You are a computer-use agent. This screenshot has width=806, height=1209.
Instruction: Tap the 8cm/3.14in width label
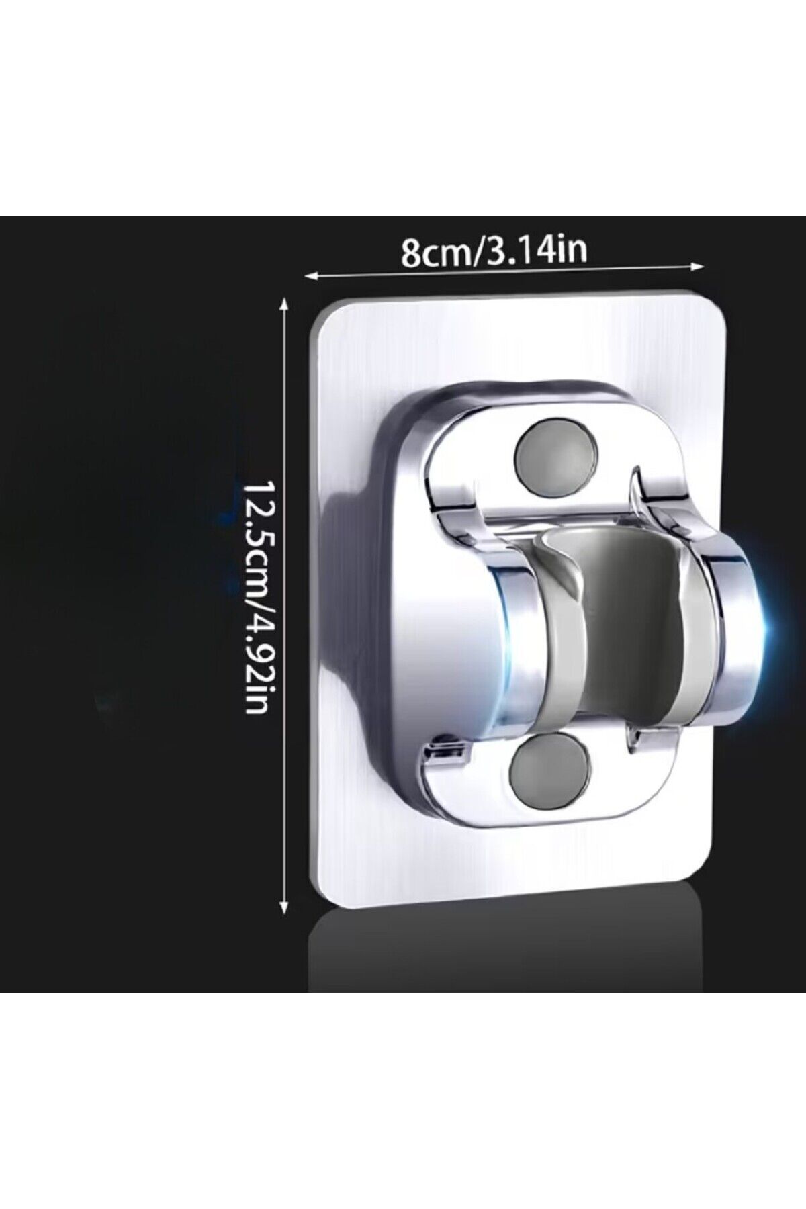pos(494,251)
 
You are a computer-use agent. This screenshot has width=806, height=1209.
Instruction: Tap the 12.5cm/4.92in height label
pos(256,597)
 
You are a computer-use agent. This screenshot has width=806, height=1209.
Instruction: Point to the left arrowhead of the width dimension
pos(311,274)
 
